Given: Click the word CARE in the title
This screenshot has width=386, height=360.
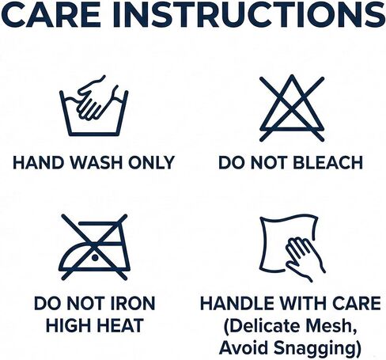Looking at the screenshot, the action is pyautogui.click(x=51, y=14).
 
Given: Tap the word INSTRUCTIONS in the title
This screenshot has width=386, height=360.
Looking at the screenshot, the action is pyautogui.click(x=250, y=14).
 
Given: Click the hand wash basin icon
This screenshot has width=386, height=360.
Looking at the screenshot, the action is pyautogui.click(x=94, y=106).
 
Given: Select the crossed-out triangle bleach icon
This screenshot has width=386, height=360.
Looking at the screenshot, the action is pyautogui.click(x=292, y=108).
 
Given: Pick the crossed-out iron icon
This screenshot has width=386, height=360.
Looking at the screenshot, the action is pyautogui.click(x=94, y=247).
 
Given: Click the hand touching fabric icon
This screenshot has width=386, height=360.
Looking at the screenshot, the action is pyautogui.click(x=293, y=248).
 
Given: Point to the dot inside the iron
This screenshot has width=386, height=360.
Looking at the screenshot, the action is pyautogui.click(x=95, y=257).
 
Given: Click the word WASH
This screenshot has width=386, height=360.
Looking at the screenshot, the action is pyautogui.click(x=96, y=162).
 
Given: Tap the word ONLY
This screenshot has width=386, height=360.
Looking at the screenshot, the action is pyautogui.click(x=151, y=162).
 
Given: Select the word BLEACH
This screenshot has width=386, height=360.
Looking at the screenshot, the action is pyautogui.click(x=328, y=162).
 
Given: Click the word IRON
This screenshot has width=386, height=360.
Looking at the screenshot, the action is pyautogui.click(x=132, y=303).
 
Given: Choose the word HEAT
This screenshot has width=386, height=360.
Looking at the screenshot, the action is pyautogui.click(x=121, y=325).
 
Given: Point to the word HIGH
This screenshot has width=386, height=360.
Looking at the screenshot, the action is pyautogui.click(x=69, y=325).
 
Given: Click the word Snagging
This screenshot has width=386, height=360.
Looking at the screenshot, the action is pyautogui.click(x=317, y=348).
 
